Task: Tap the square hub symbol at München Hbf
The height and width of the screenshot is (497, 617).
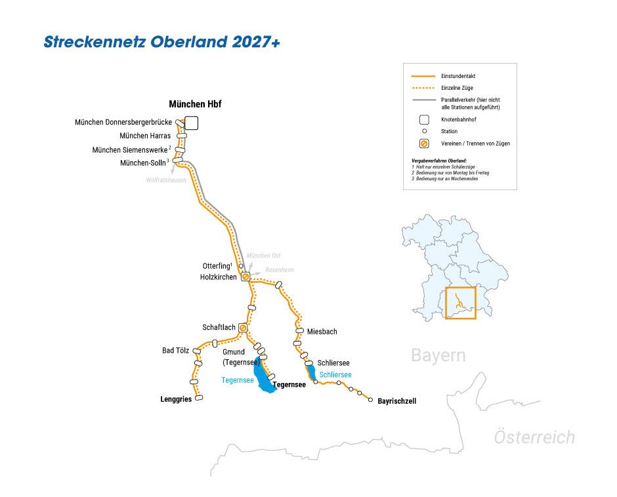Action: click(x=191, y=123)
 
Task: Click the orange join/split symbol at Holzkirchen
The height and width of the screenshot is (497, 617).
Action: click(x=245, y=277)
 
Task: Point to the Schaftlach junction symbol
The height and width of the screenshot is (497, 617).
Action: click(x=243, y=327)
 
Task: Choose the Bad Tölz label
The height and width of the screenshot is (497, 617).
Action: click(x=175, y=351)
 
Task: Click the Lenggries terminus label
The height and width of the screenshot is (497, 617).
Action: click(x=176, y=399)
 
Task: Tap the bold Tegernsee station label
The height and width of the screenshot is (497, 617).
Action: click(x=289, y=385)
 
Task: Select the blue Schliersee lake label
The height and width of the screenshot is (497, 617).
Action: click(x=336, y=374)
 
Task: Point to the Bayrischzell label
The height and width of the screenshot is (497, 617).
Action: click(x=397, y=401)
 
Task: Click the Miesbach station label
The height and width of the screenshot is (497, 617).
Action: click(x=322, y=332)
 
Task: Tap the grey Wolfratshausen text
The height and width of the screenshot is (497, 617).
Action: click(x=166, y=180)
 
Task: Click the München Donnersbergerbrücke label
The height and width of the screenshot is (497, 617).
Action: click(x=123, y=122)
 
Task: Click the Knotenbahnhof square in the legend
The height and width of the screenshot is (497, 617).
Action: click(x=425, y=119)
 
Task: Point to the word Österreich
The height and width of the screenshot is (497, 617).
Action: click(x=534, y=437)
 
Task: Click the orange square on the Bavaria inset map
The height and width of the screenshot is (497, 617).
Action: click(x=459, y=303)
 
